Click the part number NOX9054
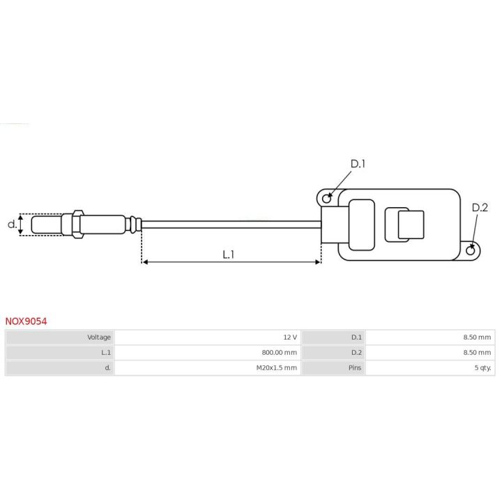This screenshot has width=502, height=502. coord(26,321)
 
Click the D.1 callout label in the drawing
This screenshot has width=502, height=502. coord(358,164)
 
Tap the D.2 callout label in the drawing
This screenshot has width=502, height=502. coord(480,208)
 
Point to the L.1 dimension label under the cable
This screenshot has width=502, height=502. coord(229,255)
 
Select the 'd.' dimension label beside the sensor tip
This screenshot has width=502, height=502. coord(12,225)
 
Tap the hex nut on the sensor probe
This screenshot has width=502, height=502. coord(75,223)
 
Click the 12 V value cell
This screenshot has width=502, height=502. coord(290,337)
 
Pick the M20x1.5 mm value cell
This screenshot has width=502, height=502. coord(277,368)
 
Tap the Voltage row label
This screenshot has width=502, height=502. coord(99,337)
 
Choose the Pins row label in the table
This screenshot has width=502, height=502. coord(355,368)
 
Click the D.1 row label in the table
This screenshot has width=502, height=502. coord(356,337)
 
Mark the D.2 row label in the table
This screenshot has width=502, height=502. coord(356,353)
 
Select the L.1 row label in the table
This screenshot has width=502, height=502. coord(105,353)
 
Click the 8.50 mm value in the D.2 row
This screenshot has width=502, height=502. coord(477,353)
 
